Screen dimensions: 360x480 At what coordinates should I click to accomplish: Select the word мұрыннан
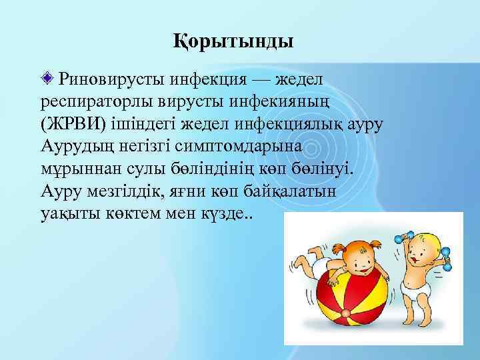(x=69, y=171)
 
